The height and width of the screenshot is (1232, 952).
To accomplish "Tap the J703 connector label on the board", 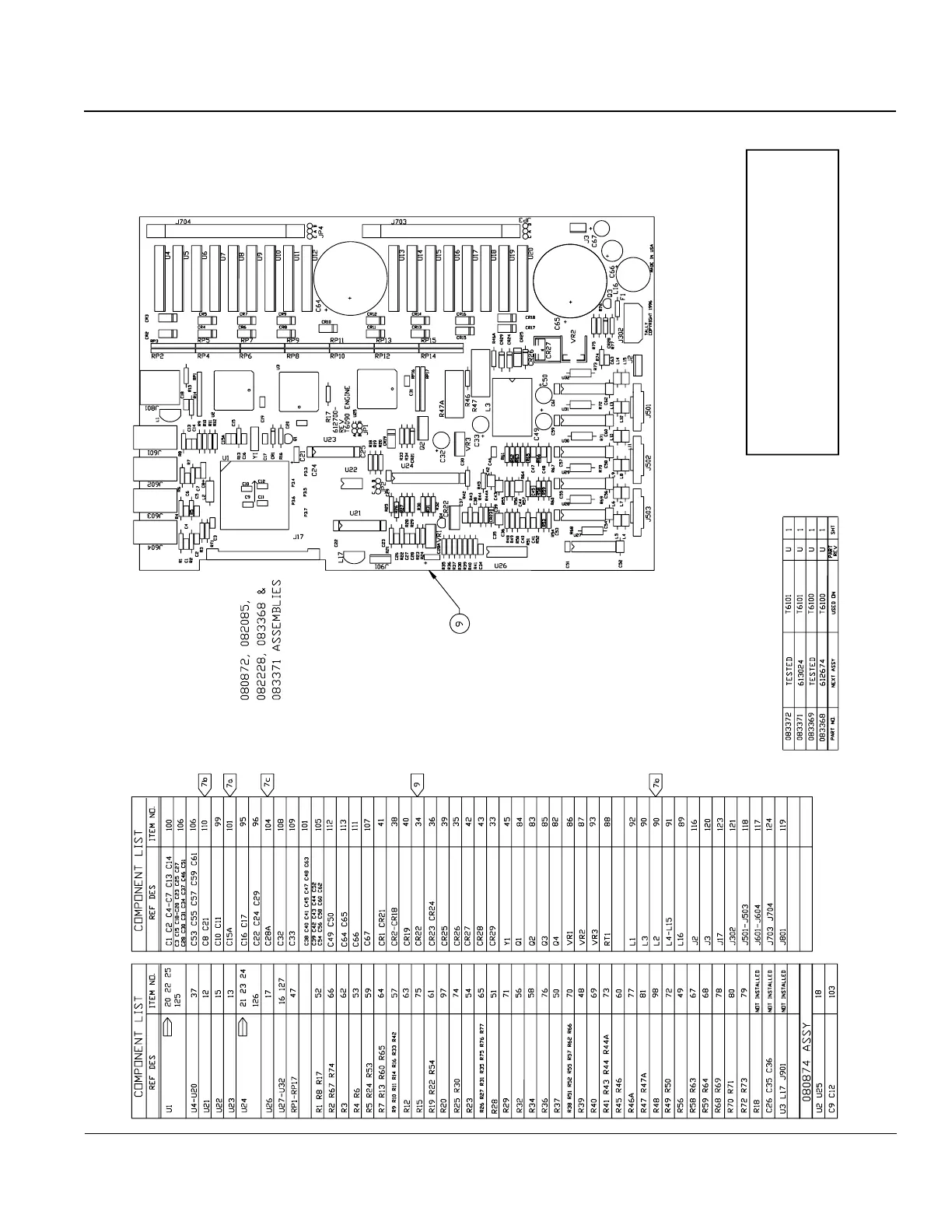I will click(399, 222).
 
